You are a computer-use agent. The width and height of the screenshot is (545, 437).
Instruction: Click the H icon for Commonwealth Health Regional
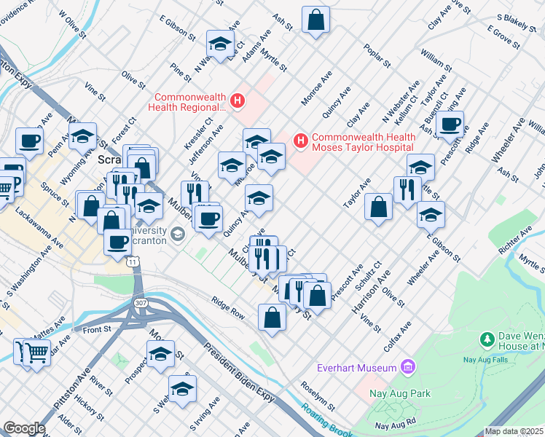[x=236, y=100]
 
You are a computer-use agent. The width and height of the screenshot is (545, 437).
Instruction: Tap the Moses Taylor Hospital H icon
[x=299, y=141]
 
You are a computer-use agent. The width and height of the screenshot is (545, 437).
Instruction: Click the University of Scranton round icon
[x=178, y=234]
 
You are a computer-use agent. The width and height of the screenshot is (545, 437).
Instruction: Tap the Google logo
[x=24, y=428]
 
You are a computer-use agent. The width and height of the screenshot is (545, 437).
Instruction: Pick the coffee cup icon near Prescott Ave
[x=451, y=123]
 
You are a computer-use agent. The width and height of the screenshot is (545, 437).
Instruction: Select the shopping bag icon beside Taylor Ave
[x=379, y=207]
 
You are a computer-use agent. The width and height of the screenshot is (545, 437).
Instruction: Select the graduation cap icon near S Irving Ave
[x=183, y=388]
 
